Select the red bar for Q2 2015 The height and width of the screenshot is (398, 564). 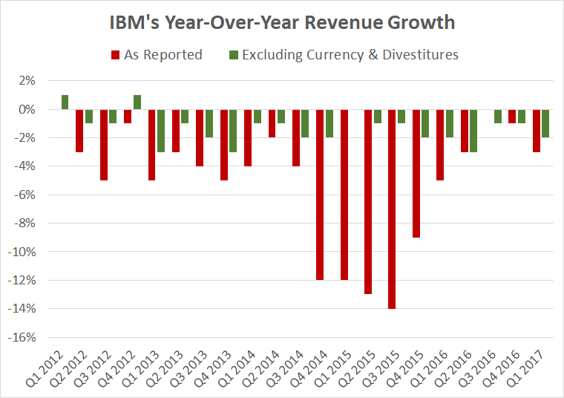tap(369, 202)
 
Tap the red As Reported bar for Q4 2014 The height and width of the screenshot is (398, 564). tap(321, 195)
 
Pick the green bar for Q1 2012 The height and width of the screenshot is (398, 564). tap(65, 102)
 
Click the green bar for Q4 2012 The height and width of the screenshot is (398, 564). tap(137, 102)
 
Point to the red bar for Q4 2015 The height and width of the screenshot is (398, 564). tap(416, 173)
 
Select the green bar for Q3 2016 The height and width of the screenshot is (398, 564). tap(498, 117)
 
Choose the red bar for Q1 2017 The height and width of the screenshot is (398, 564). tap(537, 131)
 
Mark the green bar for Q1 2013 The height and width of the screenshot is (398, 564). tap(161, 131)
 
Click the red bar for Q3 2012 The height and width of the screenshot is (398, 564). tap(104, 145)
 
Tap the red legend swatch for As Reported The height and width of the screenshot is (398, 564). tap(115, 54)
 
